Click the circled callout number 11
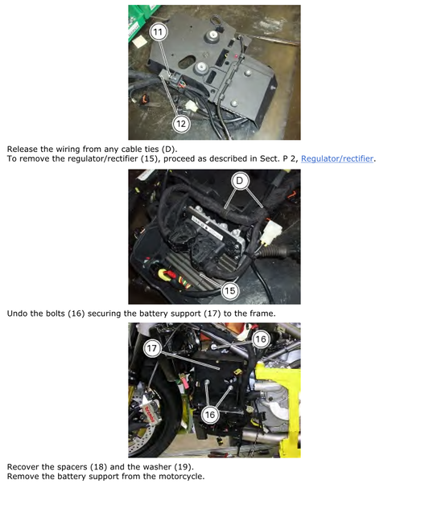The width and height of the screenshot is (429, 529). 159,32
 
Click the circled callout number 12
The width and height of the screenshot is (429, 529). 180,123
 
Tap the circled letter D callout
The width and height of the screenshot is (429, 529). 239,181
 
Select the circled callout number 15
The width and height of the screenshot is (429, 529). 229,290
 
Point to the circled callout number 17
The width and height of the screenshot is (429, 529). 153,349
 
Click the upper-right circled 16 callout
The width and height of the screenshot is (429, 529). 260,339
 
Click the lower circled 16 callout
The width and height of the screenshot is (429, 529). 210,414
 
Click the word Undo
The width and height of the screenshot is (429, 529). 19,313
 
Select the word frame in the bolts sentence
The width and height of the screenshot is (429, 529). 259,313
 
